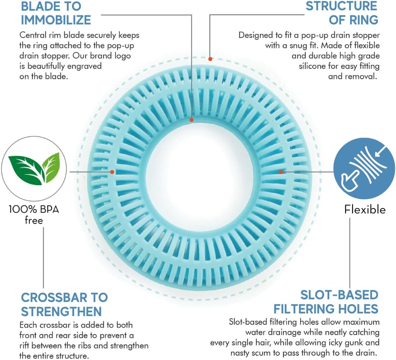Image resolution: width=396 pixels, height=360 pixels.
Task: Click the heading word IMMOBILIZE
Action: (x=56, y=20)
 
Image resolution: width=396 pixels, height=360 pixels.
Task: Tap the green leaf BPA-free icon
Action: (x=34, y=168)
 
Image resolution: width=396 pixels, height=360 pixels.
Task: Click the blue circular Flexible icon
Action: (x=364, y=168)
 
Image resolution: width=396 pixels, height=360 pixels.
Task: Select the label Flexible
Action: (x=365, y=209)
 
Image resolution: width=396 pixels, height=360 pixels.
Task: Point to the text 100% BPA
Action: (x=34, y=209)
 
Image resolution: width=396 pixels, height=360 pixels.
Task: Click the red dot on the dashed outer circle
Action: (x=210, y=59)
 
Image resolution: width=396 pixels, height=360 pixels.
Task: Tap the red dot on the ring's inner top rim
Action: (x=192, y=120)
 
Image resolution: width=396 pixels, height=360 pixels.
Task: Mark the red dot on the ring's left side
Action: (x=112, y=172)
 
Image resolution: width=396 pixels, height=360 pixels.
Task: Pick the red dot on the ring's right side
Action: (x=281, y=172)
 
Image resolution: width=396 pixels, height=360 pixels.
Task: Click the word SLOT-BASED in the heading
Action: (x=339, y=295)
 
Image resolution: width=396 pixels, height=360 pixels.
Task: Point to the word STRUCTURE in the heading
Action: (x=341, y=6)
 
